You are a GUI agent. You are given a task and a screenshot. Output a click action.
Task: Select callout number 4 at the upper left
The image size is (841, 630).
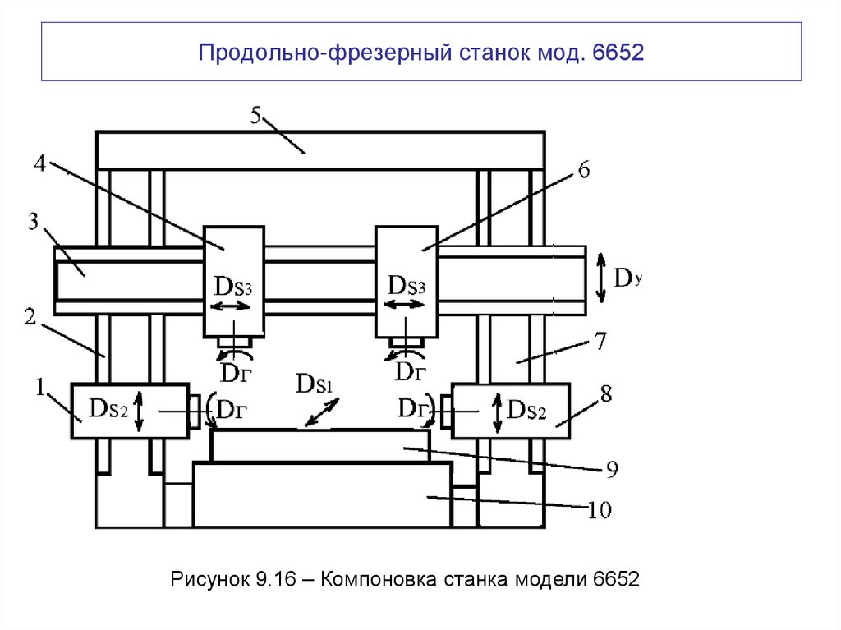pos(39,162)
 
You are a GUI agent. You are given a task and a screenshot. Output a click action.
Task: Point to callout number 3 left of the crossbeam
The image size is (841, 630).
pos(33,222)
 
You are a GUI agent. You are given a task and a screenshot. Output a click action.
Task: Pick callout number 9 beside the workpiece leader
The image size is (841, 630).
pos(612,470)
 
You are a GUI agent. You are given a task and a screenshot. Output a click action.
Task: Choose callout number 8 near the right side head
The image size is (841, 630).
pos(605,393)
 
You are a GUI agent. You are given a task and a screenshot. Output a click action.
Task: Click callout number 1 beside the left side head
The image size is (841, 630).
pos(37,384)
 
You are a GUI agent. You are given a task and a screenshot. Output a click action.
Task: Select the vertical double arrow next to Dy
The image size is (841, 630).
pos(600,275)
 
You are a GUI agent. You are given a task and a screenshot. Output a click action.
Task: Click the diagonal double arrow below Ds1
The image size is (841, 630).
pos(322,411)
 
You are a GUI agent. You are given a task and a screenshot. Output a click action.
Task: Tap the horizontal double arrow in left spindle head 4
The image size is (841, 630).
pos(232,306)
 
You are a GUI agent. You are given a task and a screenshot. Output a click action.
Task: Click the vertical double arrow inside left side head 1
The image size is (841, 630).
pos(138,412)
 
